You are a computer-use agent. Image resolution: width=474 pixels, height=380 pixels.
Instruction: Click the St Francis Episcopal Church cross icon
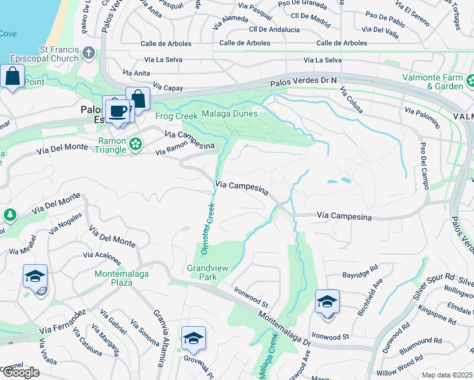(89, 53)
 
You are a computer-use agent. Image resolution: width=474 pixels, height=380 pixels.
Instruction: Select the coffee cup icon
(117, 111)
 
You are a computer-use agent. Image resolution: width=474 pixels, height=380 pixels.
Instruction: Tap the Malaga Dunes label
(229, 114)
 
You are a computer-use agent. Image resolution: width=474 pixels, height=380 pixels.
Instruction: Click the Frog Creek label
(172, 117)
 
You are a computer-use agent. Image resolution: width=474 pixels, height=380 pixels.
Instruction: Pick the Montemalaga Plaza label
(113, 278)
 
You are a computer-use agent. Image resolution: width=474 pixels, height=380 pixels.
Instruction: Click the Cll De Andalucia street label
(274, 30)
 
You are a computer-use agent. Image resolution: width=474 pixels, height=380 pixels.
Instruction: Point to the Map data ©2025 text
(447, 375)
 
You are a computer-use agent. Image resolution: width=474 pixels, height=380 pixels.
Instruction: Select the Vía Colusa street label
(352, 101)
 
